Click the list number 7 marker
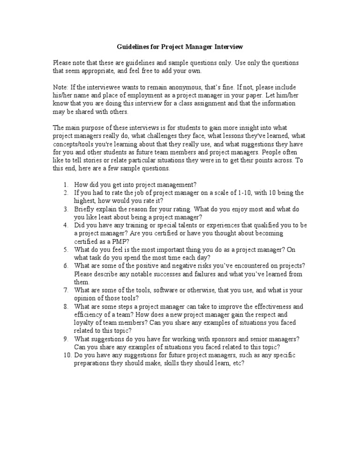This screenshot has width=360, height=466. pos(66,290)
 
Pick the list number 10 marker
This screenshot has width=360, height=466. pos(66,355)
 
